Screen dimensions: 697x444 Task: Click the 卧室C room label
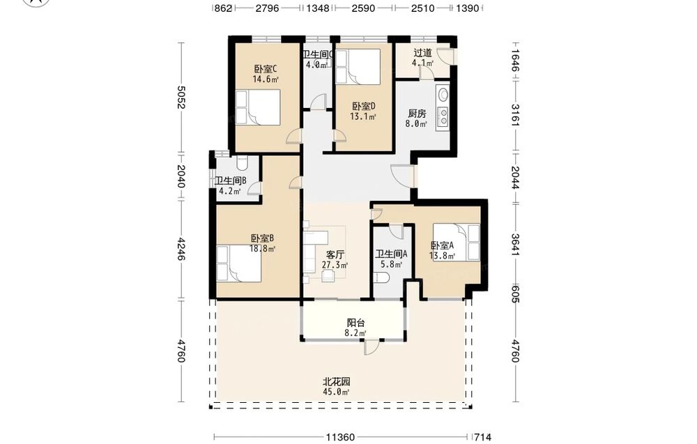click(x=266, y=69)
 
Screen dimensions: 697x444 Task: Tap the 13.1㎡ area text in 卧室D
click(x=362, y=117)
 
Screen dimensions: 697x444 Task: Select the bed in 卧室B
click(x=238, y=263)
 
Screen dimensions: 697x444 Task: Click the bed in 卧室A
click(x=457, y=243)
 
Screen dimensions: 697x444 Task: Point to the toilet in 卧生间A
click(x=382, y=279)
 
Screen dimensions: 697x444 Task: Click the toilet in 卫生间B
click(x=242, y=162)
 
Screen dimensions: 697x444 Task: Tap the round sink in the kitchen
click(x=443, y=95)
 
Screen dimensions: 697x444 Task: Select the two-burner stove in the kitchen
click(x=443, y=117)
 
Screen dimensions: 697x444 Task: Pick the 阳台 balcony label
click(x=355, y=323)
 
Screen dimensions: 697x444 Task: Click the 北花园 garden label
click(x=336, y=382)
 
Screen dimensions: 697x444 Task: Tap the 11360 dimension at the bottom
click(x=340, y=437)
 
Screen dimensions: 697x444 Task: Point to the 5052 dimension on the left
click(x=181, y=98)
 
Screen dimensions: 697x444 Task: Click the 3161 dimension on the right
click(x=515, y=115)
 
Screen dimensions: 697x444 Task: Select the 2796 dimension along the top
click(x=267, y=8)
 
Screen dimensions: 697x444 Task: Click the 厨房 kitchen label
click(x=417, y=114)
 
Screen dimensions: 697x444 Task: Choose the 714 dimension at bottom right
click(x=482, y=437)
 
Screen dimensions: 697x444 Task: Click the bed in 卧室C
click(x=258, y=107)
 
